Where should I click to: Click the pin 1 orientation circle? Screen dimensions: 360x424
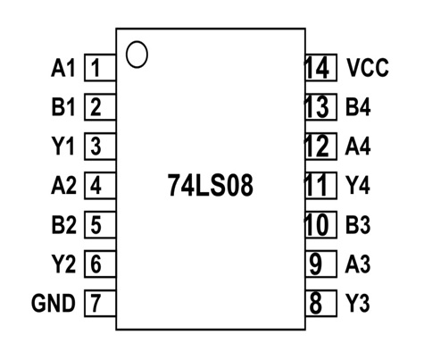coord(137,54)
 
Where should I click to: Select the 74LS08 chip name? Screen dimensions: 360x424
coord(211,185)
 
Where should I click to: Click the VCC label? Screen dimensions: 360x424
coord(368,68)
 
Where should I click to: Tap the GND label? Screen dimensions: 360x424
coord(54,303)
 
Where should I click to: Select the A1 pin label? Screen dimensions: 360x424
coord(63,68)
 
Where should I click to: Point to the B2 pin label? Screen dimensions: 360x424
coord(63,225)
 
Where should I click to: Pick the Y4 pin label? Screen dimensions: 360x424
coord(357,186)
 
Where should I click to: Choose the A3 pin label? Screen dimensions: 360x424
coord(357,264)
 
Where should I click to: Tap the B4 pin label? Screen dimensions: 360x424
coord(357,107)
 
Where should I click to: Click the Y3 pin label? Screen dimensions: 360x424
coord(357,303)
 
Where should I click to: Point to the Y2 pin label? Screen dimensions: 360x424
coord(63,264)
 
